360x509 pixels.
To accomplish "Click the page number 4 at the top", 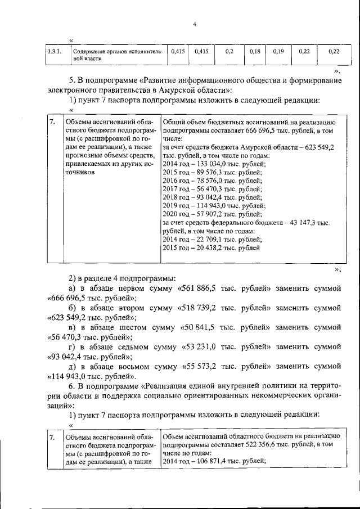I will (194, 24).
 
